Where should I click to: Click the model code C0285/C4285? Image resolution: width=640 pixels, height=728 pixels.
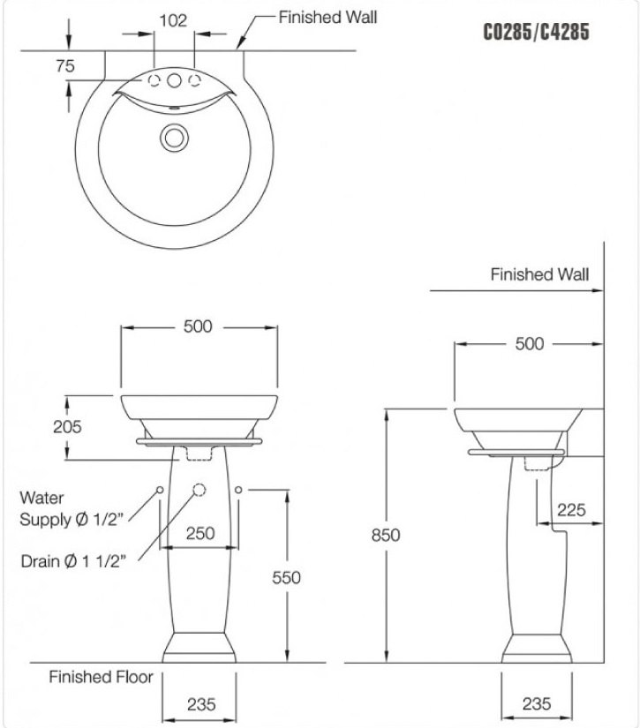click(536, 33)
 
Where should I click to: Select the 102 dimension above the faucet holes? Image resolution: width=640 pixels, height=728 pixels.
click(174, 20)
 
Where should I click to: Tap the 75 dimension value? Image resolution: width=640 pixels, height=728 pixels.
click(64, 65)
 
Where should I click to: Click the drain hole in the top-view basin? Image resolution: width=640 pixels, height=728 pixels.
click(174, 137)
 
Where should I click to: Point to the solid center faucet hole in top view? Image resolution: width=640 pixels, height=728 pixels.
click(174, 81)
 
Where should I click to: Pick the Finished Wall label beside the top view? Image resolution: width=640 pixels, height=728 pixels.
click(328, 17)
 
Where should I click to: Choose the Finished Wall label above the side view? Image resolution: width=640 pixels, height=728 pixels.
click(539, 274)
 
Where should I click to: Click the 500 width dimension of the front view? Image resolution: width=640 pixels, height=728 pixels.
click(198, 326)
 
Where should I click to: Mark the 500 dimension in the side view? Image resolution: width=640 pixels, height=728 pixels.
click(530, 344)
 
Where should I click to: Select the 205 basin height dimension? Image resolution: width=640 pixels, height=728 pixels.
click(67, 427)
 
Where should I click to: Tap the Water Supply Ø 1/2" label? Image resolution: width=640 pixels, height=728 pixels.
click(73, 509)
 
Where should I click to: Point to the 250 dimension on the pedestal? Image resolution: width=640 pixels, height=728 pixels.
click(200, 533)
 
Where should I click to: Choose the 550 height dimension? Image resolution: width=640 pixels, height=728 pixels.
click(286, 577)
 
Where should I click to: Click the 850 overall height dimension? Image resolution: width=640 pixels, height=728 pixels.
click(385, 535)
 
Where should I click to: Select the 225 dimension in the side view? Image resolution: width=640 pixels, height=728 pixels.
click(572, 510)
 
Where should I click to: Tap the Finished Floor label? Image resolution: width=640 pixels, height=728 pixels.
click(101, 678)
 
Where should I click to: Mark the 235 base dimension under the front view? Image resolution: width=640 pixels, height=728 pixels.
click(200, 704)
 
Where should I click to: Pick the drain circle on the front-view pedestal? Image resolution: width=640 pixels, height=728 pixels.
click(199, 490)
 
